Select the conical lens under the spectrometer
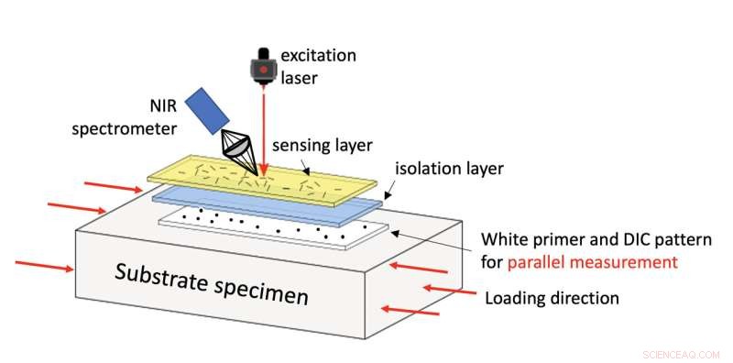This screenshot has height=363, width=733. (237, 152)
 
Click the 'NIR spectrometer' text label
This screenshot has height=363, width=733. (115, 116)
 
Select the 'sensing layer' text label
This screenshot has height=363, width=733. (315, 146)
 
